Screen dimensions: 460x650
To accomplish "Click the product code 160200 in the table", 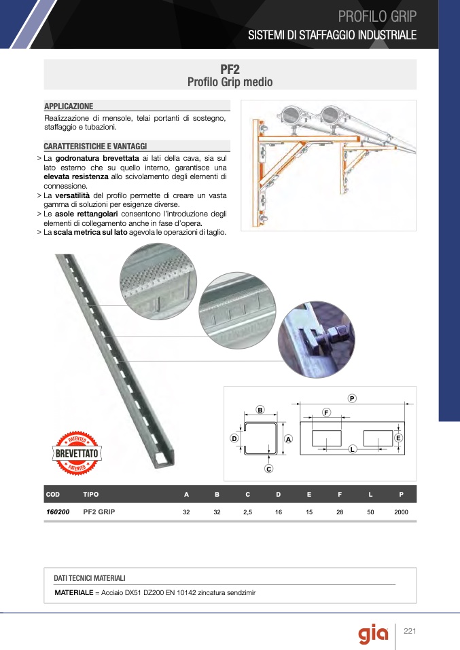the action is (58, 512).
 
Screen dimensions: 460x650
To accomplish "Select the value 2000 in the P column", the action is (401, 512).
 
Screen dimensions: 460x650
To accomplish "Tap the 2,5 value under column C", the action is (247, 512).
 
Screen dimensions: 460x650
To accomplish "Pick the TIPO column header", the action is (90, 494).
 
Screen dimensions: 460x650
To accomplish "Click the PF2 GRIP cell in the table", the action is (99, 512).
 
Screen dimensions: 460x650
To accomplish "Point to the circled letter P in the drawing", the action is (352, 398).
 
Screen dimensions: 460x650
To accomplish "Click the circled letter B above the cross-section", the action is (260, 410).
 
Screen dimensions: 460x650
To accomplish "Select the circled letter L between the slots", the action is (353, 449).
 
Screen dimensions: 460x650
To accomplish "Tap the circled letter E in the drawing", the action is (398, 438).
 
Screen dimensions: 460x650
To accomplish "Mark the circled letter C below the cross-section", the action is (268, 469).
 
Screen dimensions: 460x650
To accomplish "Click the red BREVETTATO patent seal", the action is (77, 453).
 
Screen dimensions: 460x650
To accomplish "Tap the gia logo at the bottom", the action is (373, 634).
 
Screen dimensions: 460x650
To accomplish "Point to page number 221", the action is (410, 631).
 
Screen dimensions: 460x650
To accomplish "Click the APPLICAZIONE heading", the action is (69, 106).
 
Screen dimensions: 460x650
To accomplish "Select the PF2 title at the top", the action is (230, 69).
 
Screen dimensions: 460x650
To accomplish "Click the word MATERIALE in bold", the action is (74, 593).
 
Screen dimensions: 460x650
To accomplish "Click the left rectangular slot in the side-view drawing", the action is (327, 438).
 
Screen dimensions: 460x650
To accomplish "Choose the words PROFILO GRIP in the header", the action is (377, 16).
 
